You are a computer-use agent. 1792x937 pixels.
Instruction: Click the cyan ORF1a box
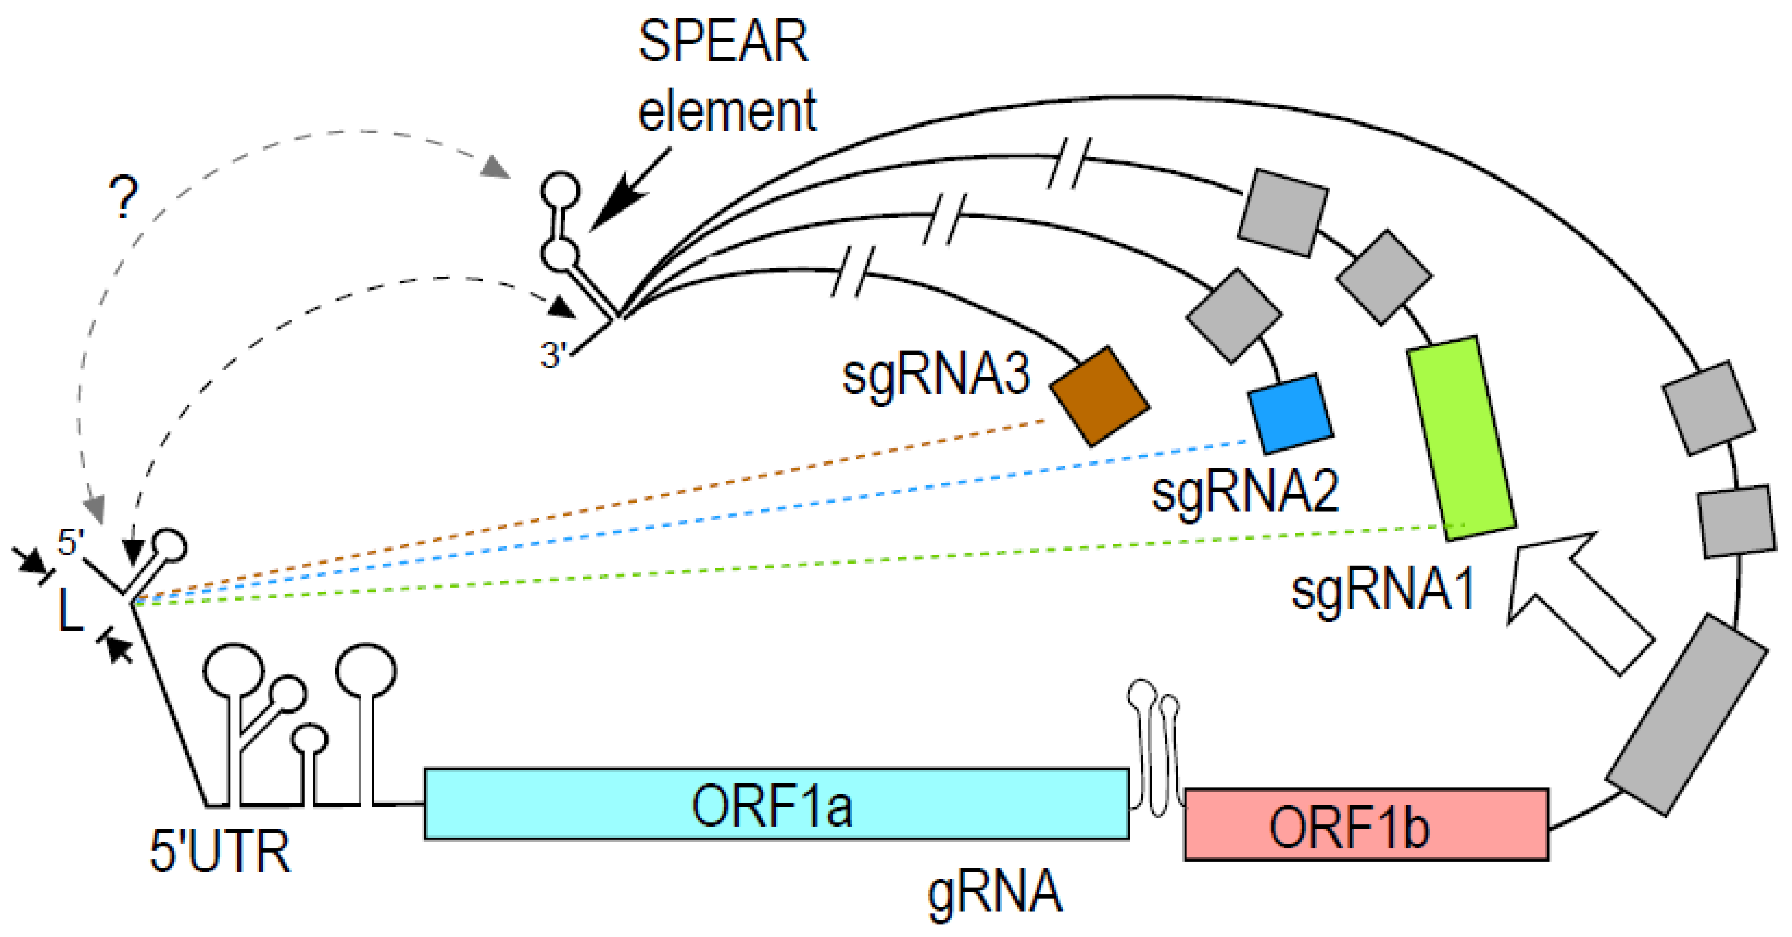point(776,804)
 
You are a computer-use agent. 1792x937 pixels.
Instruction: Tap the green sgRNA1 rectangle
point(1461,438)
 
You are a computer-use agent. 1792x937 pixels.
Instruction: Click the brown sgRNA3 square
point(1099,395)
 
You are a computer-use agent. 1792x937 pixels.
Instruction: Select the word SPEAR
point(724,43)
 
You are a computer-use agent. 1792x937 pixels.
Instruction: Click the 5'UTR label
point(220,852)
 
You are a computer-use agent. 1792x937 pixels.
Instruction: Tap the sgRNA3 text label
point(936,376)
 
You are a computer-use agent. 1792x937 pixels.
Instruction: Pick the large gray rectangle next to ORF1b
point(1687,713)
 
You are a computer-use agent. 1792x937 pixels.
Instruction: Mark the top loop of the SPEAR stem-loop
point(560,189)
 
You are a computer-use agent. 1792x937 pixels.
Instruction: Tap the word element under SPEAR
point(727,111)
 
